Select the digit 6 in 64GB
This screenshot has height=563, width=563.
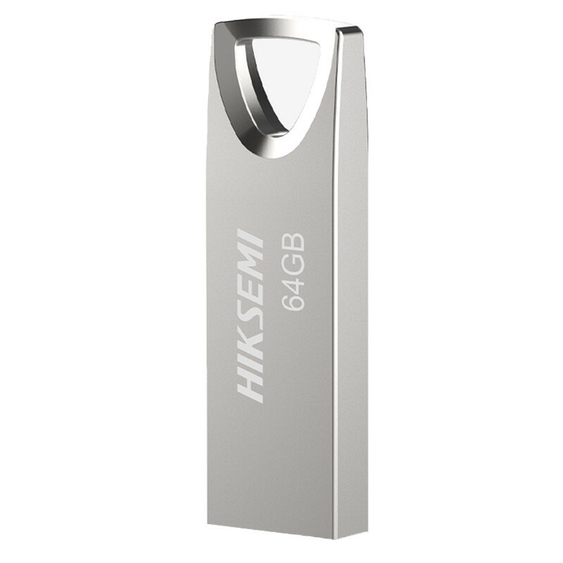pyautogui.click(x=293, y=301)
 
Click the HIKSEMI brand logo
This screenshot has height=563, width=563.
pyautogui.click(x=252, y=315)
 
